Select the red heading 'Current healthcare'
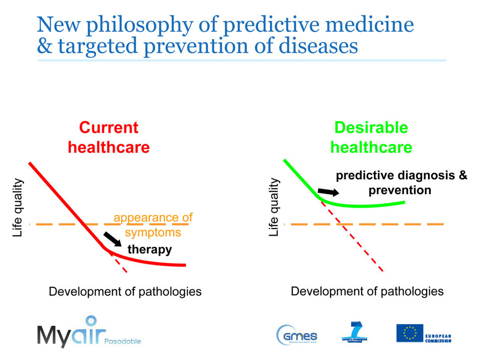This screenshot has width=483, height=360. click(109, 137)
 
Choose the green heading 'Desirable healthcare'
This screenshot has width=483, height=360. click(371, 137)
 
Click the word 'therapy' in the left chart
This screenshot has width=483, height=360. click(149, 249)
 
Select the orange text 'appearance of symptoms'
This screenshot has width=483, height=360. click(152, 225)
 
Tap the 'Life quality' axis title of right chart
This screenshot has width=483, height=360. click(274, 207)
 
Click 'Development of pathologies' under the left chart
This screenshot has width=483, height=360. click(125, 292)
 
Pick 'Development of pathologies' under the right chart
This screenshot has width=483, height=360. click(367, 291)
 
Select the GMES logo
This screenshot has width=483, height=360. click(297, 334)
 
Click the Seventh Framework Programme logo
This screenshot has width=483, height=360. click(356, 333)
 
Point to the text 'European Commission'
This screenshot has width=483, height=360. click(438, 337)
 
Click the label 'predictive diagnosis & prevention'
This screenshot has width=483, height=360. click(401, 183)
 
